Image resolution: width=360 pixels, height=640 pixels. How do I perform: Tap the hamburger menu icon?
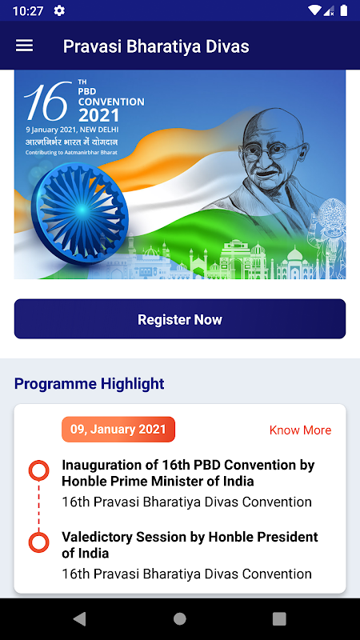[25, 46]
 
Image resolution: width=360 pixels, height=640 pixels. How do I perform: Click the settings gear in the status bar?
[59, 10]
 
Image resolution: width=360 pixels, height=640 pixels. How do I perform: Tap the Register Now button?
[180, 318]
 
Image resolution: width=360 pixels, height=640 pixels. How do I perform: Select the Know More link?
[301, 430]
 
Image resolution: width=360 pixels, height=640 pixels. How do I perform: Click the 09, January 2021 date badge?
[118, 430]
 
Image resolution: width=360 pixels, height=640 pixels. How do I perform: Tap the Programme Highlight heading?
[90, 384]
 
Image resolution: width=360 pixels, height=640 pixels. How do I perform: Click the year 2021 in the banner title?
[98, 115]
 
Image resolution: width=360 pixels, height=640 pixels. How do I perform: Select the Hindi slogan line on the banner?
[72, 142]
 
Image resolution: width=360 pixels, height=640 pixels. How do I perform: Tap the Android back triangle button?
[79, 619]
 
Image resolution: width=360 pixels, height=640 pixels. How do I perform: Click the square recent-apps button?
[279, 619]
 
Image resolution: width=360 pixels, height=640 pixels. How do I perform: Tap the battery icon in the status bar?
[344, 10]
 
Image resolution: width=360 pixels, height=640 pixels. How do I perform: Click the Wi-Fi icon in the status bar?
[314, 10]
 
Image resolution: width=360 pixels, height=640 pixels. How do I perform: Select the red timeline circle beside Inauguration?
[38, 470]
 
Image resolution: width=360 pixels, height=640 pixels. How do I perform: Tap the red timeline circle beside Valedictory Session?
[38, 542]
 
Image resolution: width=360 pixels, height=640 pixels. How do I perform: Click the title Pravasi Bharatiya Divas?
[156, 46]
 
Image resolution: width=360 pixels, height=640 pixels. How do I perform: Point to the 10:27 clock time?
[28, 11]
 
